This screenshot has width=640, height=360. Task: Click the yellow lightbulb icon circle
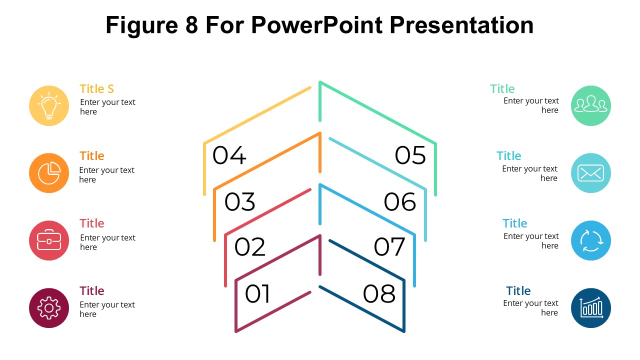click(49, 105)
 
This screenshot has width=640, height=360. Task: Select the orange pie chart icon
click(49, 173)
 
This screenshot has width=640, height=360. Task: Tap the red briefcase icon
click(49, 240)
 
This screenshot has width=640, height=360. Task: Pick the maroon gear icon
click(49, 308)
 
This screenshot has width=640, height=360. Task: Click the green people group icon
click(591, 105)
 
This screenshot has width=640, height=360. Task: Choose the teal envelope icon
click(591, 173)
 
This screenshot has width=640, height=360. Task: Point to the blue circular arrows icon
click(591, 240)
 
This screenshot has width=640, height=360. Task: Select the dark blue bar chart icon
click(591, 308)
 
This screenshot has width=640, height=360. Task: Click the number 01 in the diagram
click(257, 294)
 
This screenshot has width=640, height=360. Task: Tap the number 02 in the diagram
click(249, 247)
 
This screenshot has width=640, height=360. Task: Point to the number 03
click(239, 202)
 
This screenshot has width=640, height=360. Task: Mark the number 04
click(229, 155)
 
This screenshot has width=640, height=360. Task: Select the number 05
click(410, 155)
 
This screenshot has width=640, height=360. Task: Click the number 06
click(400, 202)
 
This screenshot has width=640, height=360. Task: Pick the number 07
click(389, 247)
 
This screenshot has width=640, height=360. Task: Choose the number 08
click(379, 294)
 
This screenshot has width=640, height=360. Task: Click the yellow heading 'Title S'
click(97, 89)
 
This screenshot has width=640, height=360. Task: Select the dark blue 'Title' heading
click(518, 291)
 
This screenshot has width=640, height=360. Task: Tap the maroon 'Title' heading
click(92, 291)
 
